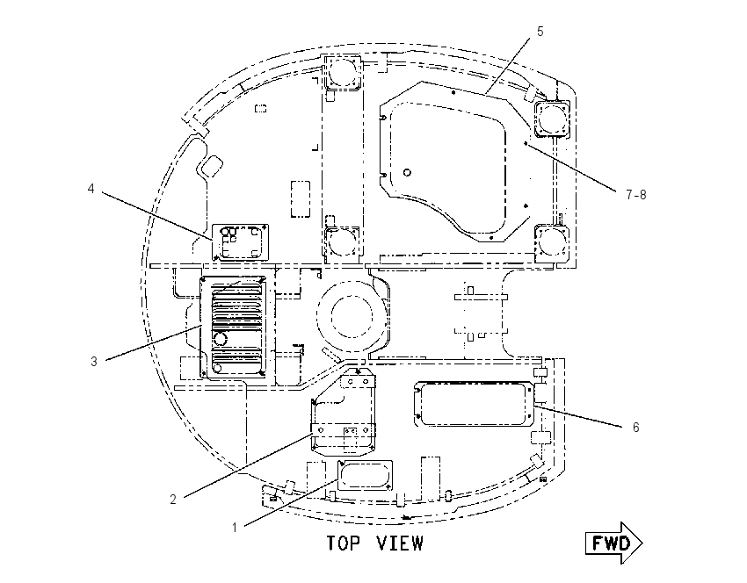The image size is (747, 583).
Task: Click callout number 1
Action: click(x=235, y=528)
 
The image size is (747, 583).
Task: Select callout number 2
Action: click(x=173, y=500)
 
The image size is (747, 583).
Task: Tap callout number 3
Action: click(x=94, y=362)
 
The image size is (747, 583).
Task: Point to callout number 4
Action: click(x=91, y=189)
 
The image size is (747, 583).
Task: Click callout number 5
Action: click(x=540, y=32)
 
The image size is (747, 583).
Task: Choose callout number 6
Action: click(x=635, y=428)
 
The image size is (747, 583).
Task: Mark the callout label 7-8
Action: click(x=636, y=195)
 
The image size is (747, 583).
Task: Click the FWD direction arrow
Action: click(x=614, y=543)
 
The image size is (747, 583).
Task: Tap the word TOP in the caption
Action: click(x=343, y=543)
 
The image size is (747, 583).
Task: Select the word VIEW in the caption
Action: click(x=400, y=543)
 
